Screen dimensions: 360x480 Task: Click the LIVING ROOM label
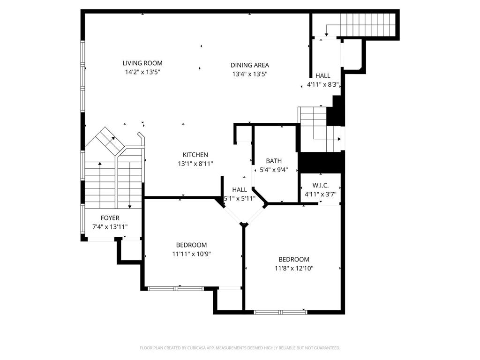(142, 63)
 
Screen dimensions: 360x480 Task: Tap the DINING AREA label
(249, 65)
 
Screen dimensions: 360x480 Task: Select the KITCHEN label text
(195, 155)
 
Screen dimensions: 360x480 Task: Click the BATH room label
(273, 161)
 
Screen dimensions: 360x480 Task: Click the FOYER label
(110, 217)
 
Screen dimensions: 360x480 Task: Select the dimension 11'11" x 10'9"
(191, 255)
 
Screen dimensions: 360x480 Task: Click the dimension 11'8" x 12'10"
(294, 269)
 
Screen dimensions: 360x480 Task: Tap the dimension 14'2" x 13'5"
(142, 73)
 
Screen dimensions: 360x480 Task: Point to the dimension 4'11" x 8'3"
(322, 85)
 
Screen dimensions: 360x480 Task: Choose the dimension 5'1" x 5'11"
(240, 198)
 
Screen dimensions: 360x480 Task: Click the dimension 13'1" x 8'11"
(195, 164)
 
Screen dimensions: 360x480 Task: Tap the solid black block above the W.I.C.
(322, 162)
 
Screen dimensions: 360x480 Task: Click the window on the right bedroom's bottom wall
(280, 311)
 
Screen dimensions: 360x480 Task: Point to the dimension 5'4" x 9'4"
(273, 170)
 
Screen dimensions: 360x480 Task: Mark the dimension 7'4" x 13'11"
(110, 227)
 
